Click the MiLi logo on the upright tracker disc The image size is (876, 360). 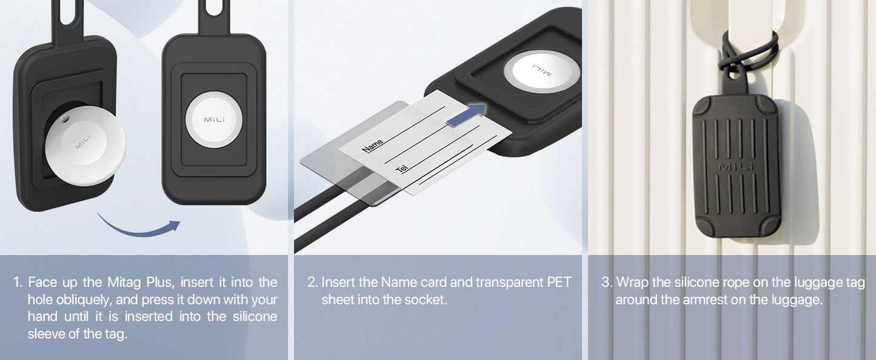(x=215, y=119)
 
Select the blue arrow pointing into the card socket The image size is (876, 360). (x=466, y=115)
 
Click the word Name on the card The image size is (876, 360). (x=373, y=145)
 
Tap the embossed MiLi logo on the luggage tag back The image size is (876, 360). (x=735, y=167)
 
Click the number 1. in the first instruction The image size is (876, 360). (x=18, y=282)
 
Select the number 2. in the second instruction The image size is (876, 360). (x=312, y=282)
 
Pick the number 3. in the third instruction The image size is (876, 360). (x=607, y=282)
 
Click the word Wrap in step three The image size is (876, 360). (x=633, y=283)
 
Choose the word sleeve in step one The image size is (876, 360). (x=49, y=334)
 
